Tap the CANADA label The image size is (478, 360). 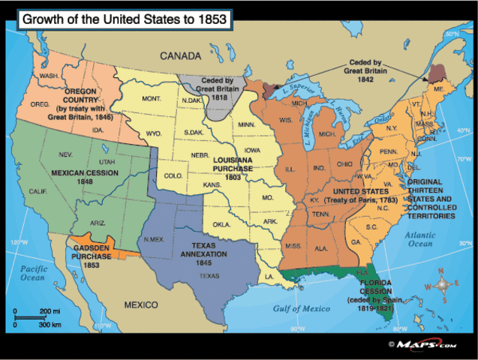[x=182, y=56]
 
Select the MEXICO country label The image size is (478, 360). [x=140, y=305]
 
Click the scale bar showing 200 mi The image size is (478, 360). [x=33, y=316]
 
